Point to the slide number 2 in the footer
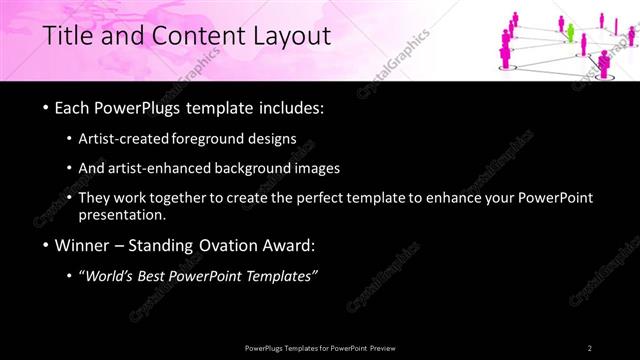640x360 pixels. point(590,347)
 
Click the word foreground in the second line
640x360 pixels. point(215,139)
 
